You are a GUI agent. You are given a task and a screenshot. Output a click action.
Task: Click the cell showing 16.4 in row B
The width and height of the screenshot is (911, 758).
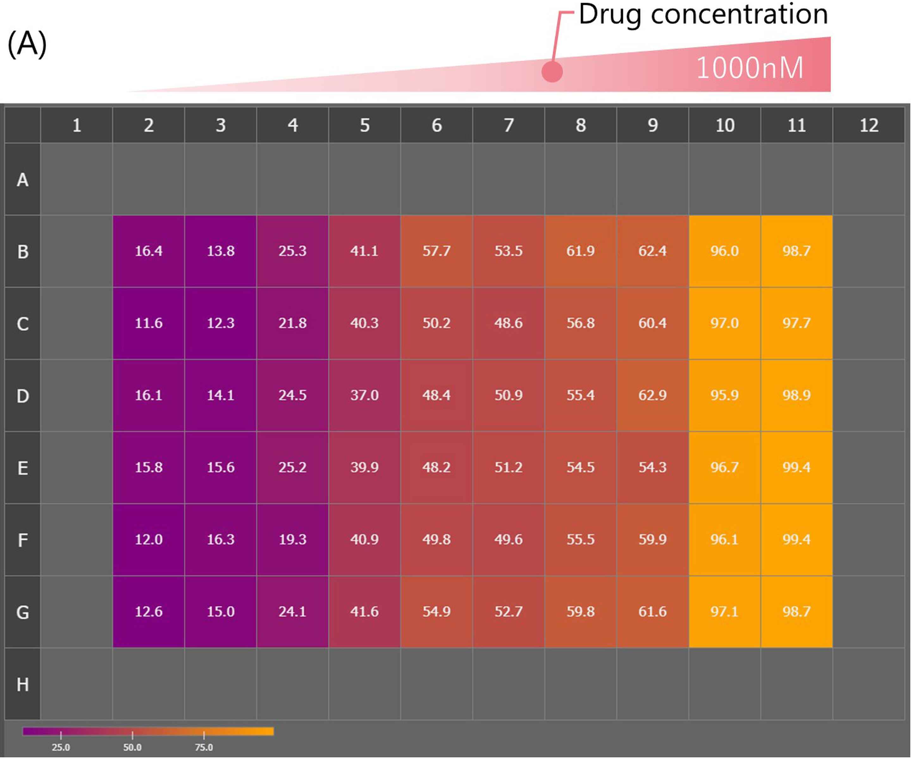(148, 251)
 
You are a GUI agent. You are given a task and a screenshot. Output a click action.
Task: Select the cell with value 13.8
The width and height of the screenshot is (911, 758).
(220, 251)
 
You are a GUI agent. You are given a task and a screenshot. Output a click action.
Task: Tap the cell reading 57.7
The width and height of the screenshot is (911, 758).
(437, 251)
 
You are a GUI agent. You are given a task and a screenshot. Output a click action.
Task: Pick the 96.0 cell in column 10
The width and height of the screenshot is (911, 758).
(724, 251)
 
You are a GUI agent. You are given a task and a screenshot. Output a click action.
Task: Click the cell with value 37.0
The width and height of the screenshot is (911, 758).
(364, 395)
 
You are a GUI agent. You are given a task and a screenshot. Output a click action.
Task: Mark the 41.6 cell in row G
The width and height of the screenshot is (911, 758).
(364, 611)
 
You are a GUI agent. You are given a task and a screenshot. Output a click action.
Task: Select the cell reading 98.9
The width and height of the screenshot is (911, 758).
(796, 395)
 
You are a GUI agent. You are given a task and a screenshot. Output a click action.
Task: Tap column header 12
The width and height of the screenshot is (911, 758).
(869, 125)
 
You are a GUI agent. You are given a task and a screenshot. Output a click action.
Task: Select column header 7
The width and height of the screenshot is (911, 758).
(508, 125)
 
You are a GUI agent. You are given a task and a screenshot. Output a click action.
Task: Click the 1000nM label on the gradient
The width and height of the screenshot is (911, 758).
(750, 68)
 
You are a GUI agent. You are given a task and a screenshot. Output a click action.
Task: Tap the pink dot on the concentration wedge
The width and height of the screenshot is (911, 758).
(552, 71)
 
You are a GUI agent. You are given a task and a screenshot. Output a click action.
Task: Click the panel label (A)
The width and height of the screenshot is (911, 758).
(27, 44)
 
